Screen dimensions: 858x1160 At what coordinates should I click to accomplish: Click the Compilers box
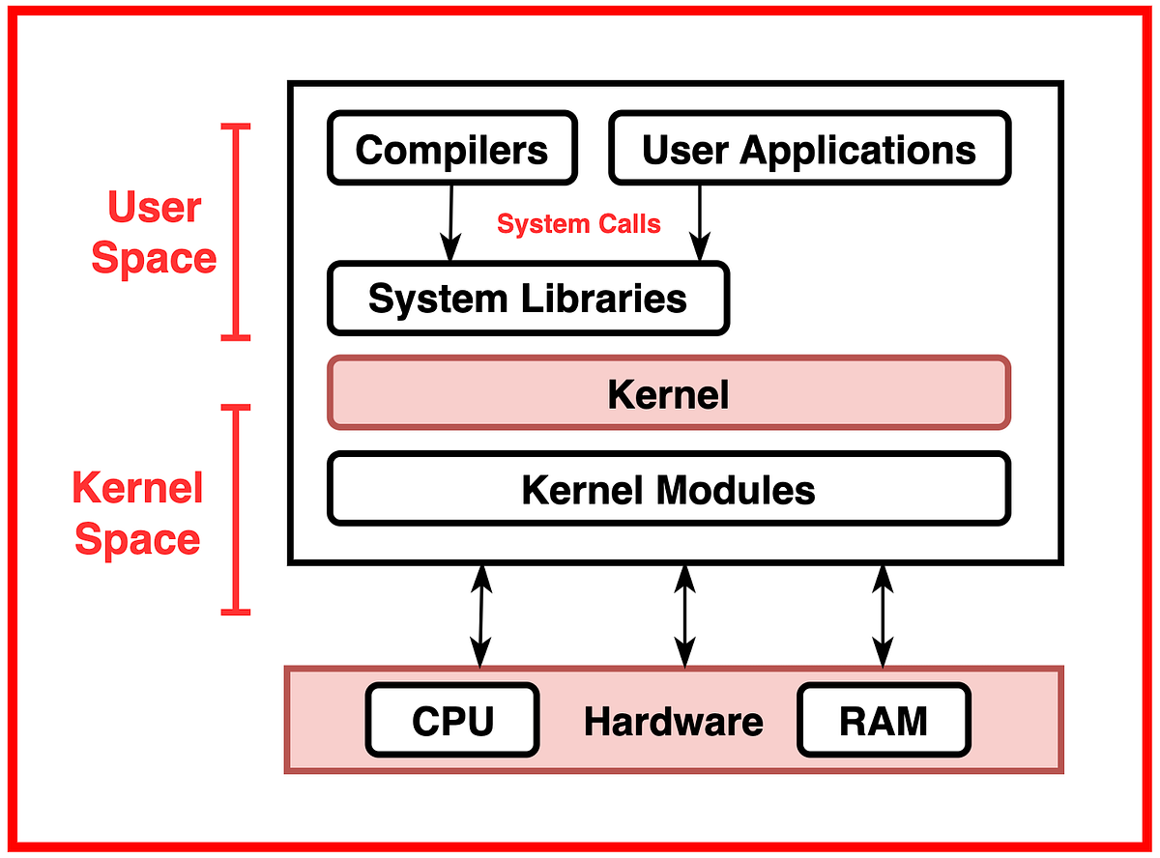tap(451, 148)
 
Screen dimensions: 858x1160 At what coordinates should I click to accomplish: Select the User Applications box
tap(809, 148)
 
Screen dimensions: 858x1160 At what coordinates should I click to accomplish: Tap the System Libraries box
tap(528, 299)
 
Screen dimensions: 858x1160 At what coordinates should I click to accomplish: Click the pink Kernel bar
tap(668, 393)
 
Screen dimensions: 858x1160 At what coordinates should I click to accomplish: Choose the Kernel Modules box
tap(668, 489)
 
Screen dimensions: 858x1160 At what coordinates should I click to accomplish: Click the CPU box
tap(452, 721)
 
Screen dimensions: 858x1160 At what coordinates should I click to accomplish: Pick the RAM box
tap(883, 721)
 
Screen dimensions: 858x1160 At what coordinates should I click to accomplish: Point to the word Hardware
tap(673, 722)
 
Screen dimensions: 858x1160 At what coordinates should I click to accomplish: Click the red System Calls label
tap(578, 224)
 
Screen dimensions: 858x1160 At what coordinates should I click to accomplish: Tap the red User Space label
tap(154, 233)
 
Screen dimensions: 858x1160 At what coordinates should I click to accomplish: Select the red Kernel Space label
tap(137, 513)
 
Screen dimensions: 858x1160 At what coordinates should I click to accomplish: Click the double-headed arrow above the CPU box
tap(480, 615)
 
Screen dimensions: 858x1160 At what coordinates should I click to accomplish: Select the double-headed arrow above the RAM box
tap(883, 615)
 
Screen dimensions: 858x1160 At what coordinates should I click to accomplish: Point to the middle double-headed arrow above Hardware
tap(684, 615)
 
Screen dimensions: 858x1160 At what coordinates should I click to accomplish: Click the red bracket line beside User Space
tap(235, 232)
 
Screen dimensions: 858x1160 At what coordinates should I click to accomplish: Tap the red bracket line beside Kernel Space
tap(235, 509)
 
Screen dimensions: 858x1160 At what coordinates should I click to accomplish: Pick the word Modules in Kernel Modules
tap(738, 490)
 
